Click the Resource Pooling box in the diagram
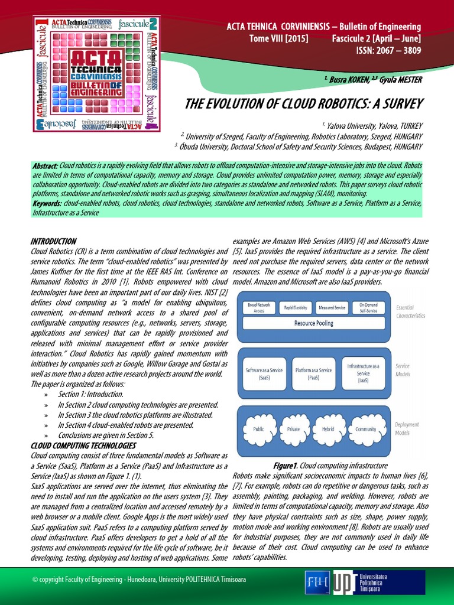313,323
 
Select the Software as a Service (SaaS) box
264,373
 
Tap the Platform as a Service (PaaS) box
313,373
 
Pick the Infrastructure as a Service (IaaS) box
363,373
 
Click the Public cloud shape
258,429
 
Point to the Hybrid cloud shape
328,429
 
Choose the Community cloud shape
367,429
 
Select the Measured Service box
332,307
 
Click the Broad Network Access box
259,307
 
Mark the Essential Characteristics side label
410,312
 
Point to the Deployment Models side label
407,428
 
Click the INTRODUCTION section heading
53,242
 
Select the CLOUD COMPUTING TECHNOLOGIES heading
83,445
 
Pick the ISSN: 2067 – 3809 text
388,51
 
